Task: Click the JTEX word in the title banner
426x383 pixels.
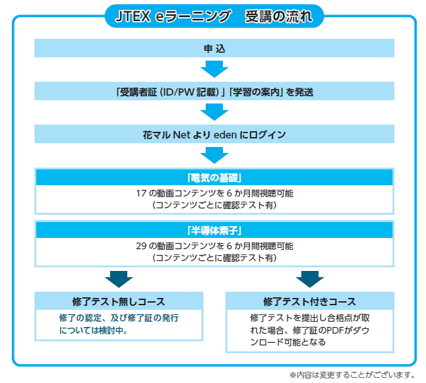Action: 133,16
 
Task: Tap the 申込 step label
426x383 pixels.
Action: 214,49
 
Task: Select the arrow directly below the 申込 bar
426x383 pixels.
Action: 214,69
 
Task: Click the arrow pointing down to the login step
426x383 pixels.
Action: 214,112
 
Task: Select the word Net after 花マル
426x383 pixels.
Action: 181,134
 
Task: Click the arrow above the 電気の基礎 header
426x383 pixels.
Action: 214,156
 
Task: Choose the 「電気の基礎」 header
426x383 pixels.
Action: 214,178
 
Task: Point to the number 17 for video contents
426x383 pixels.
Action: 141,193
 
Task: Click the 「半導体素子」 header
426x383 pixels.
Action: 214,231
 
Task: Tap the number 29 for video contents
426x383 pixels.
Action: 141,246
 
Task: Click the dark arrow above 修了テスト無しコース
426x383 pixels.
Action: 119,279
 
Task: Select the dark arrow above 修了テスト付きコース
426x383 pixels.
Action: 310,279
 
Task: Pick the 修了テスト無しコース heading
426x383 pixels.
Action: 119,301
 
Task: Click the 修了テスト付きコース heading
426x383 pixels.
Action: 309,301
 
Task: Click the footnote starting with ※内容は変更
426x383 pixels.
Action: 352,375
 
